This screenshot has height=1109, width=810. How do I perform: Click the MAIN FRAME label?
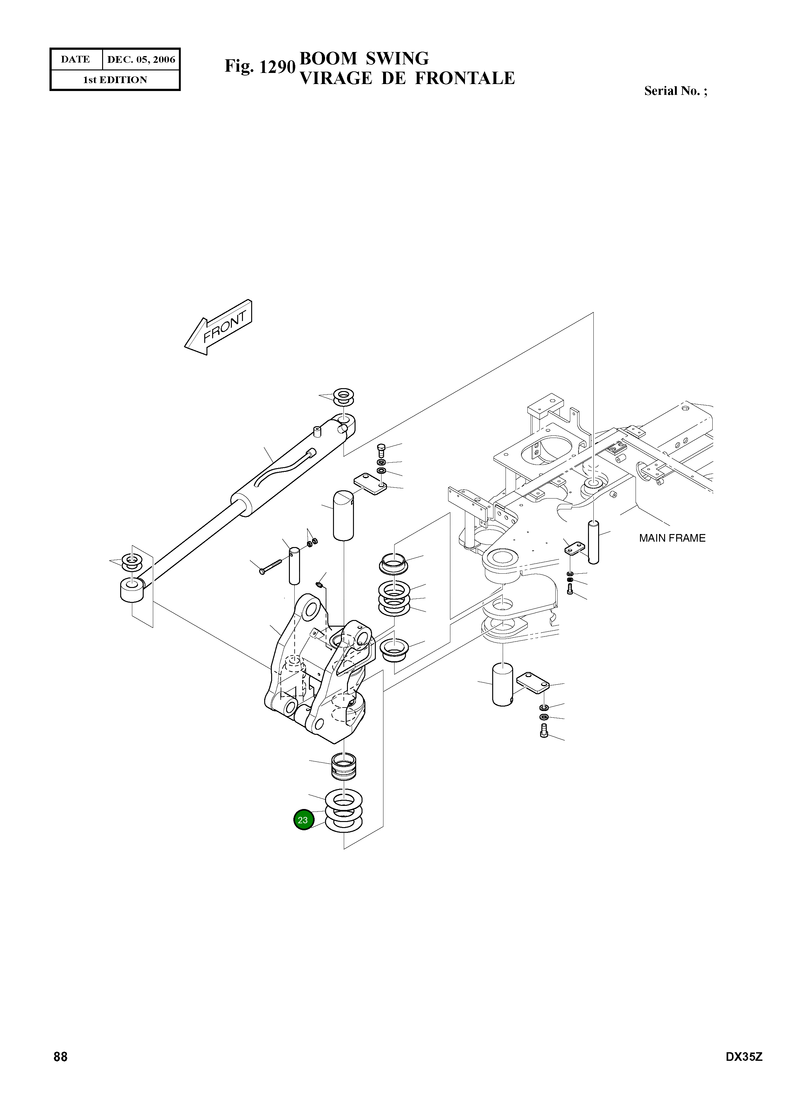tap(672, 538)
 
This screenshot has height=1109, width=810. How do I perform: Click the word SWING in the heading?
tap(397, 58)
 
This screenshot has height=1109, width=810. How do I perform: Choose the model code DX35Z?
tap(744, 1070)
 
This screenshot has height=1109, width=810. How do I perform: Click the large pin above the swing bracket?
tap(343, 515)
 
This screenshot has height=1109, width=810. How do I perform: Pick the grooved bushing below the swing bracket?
tap(344, 767)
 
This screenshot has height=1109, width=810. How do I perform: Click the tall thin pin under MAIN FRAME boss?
tap(593, 542)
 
